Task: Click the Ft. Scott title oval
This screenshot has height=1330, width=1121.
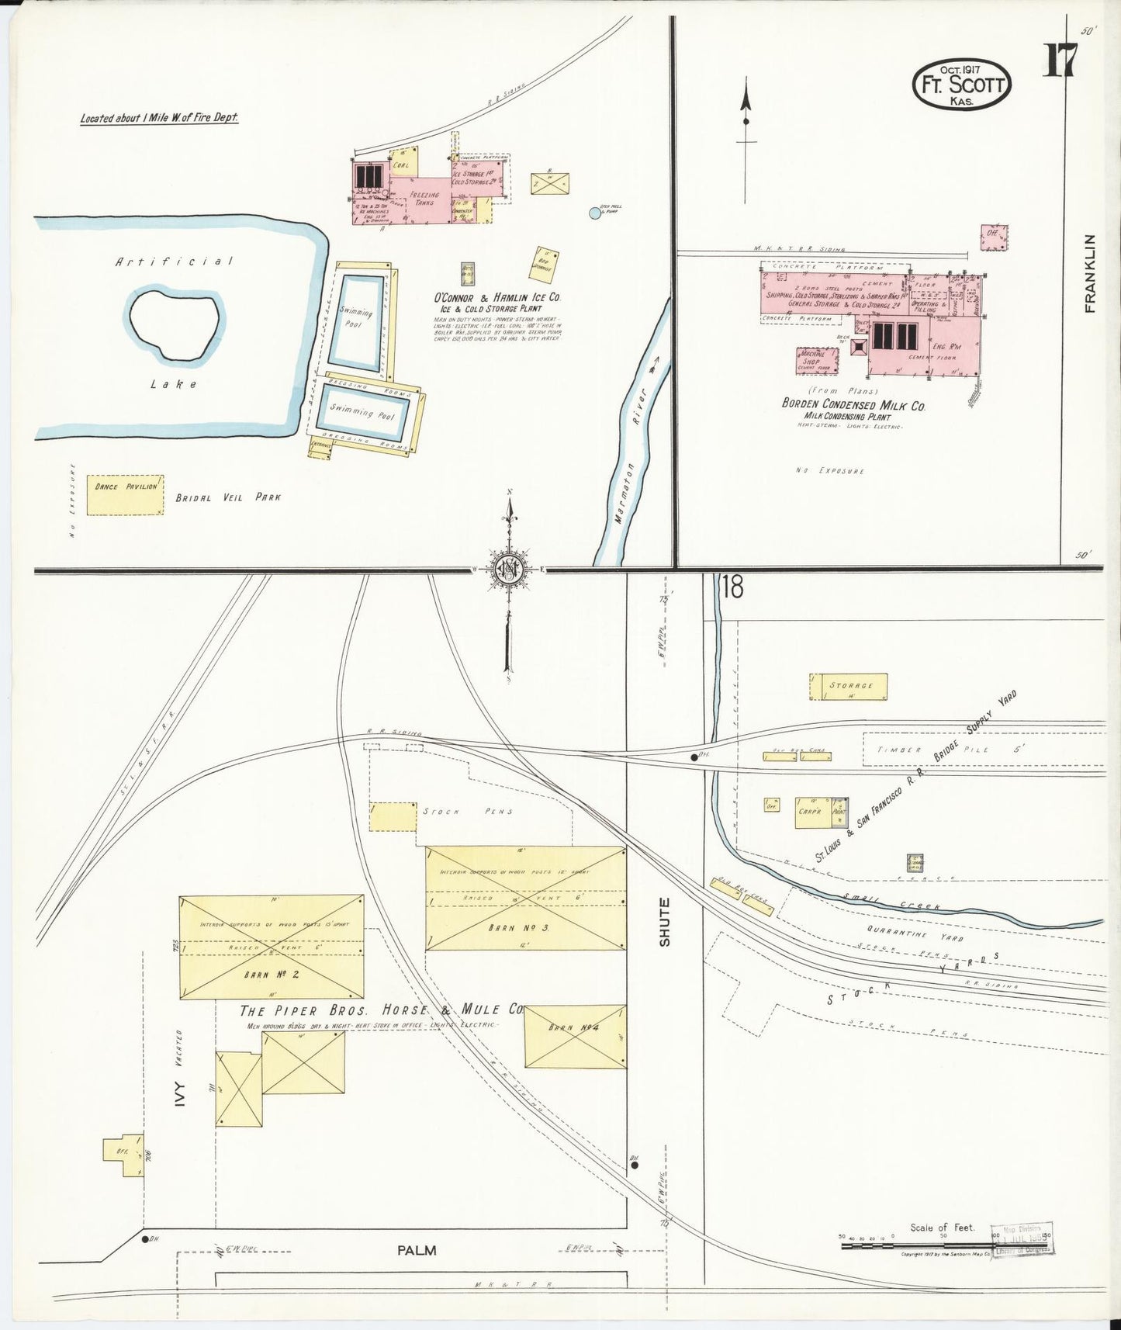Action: pos(962,84)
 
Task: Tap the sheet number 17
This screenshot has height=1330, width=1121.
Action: pos(1059,61)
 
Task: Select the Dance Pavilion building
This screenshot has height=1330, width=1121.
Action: pos(125,494)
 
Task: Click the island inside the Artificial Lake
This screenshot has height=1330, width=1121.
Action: pos(174,325)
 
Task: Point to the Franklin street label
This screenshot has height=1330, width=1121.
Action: pos(1091,273)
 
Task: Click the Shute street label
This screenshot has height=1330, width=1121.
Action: pos(664,922)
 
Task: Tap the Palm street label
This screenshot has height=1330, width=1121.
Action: pos(417,1250)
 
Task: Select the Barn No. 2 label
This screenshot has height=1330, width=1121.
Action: pos(272,974)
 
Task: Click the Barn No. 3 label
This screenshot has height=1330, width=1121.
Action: pos(519,927)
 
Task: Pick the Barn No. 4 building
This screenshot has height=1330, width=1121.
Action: pos(575,1037)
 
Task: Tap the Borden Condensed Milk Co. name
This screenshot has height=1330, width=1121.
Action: pos(853,405)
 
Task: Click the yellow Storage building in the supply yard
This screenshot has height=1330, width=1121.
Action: pos(849,687)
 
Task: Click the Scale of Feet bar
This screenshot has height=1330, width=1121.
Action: pos(944,1245)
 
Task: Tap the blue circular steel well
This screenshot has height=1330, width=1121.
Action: pos(595,213)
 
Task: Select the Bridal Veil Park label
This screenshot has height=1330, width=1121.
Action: pos(227,497)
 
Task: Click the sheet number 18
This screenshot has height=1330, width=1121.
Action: pos(732,587)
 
